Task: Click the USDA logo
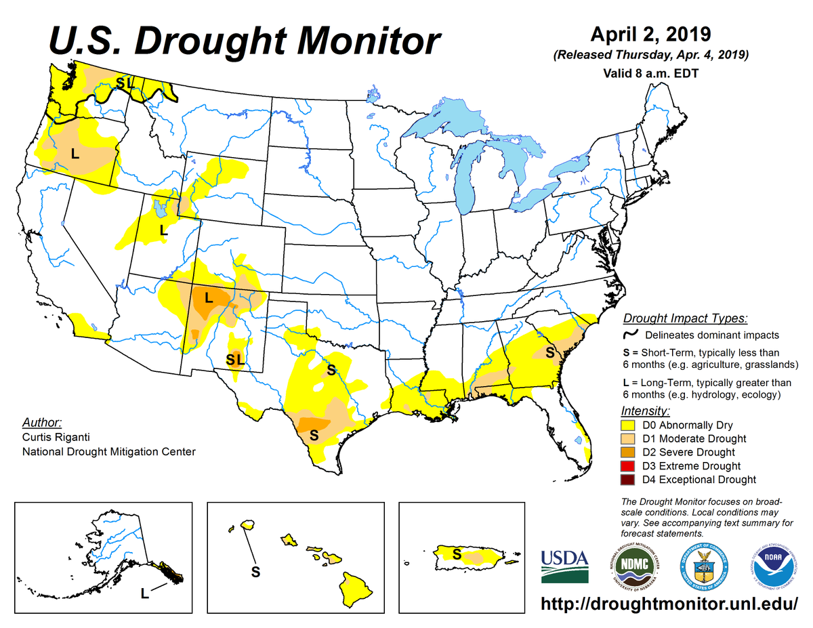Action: click(564, 566)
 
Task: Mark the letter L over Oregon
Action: click(75, 154)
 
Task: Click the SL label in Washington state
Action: click(124, 83)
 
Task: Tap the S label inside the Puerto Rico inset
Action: click(457, 554)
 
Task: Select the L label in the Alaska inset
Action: click(144, 593)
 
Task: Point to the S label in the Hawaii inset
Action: click(255, 572)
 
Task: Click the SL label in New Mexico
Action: click(235, 360)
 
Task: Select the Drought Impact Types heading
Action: click(685, 318)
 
